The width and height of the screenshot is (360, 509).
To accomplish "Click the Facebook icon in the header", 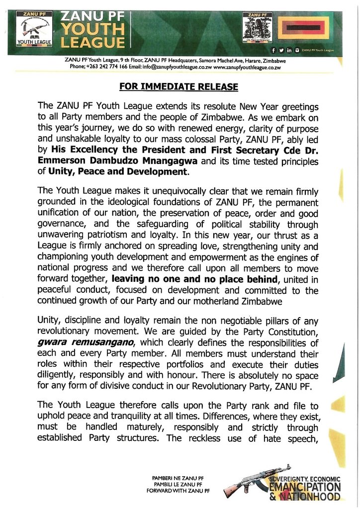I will coord(274,51).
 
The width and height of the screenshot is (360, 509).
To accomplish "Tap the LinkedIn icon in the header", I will coord(289,51).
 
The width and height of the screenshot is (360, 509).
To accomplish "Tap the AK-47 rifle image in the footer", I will coord(245,485).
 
